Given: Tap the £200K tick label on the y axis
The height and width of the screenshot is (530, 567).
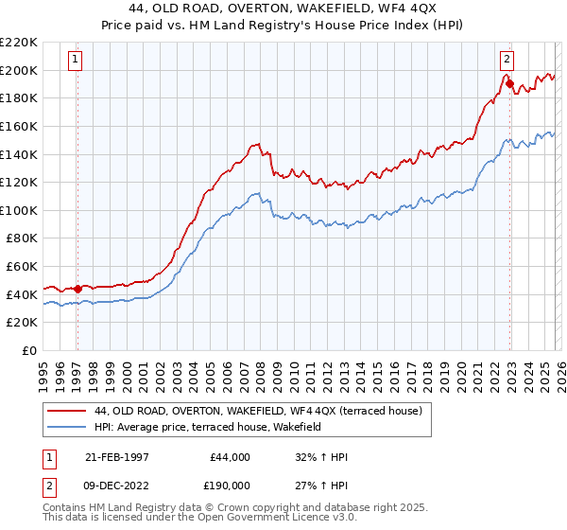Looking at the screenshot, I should click(19, 70).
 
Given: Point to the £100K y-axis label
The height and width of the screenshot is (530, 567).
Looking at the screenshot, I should click(19, 210).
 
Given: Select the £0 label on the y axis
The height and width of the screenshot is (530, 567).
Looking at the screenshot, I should click(29, 350).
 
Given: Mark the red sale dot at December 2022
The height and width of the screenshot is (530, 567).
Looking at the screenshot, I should click(509, 84).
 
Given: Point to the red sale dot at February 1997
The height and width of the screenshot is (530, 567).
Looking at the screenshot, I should click(77, 289).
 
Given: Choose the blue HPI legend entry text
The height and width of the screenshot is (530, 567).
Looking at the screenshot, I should click(209, 427).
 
